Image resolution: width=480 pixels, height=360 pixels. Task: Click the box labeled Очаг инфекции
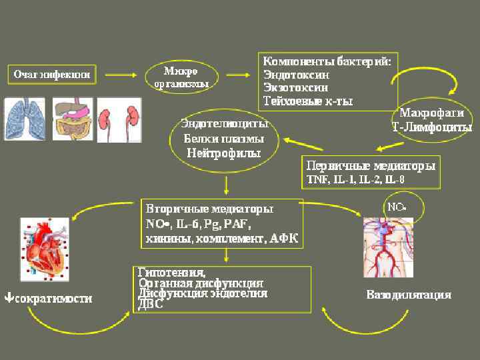click(52, 75)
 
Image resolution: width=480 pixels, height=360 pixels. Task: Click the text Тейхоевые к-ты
click(308, 101)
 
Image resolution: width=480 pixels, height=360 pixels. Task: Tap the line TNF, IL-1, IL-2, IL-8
click(355, 179)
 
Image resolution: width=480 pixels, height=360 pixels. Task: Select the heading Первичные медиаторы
click(371, 165)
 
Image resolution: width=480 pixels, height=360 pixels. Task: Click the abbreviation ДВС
click(150, 305)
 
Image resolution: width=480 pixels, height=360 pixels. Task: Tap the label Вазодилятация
click(409, 295)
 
